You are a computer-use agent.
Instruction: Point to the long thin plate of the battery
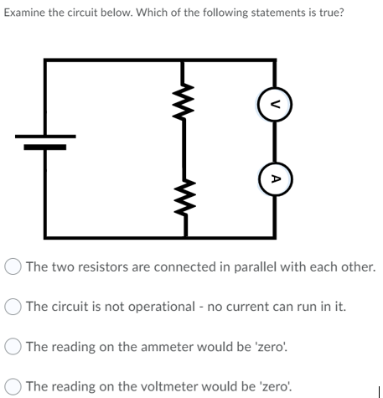[x=45, y=136]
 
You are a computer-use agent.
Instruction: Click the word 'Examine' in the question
[x=27, y=16]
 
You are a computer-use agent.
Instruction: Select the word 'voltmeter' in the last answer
[x=148, y=385]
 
